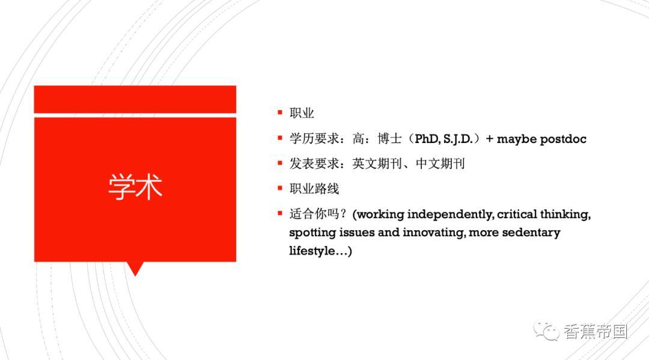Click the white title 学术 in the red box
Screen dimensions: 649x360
pyautogui.click(x=135, y=187)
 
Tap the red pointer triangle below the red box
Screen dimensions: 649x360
pyautogui.click(x=135, y=268)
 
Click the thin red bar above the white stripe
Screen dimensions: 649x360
pyautogui.click(x=135, y=99)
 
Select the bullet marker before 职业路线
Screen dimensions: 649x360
pyautogui.click(x=280, y=188)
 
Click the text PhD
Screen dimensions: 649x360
pyautogui.click(x=427, y=139)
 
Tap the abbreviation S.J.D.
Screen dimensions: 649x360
pyautogui.click(x=458, y=139)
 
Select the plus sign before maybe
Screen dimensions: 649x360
pyautogui.click(x=489, y=139)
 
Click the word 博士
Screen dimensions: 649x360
pyautogui.click(x=389, y=139)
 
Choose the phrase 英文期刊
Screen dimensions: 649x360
pyautogui.click(x=377, y=164)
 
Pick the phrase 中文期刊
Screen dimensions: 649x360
pyautogui.click(x=440, y=164)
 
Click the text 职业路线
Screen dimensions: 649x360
pyautogui.click(x=314, y=189)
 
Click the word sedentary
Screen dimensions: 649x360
pyautogui.click(x=531, y=233)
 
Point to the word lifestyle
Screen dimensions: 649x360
pyautogui.click(x=312, y=251)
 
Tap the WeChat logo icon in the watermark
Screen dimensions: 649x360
pyautogui.click(x=546, y=331)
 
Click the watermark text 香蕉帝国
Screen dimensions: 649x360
pyautogui.click(x=596, y=332)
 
